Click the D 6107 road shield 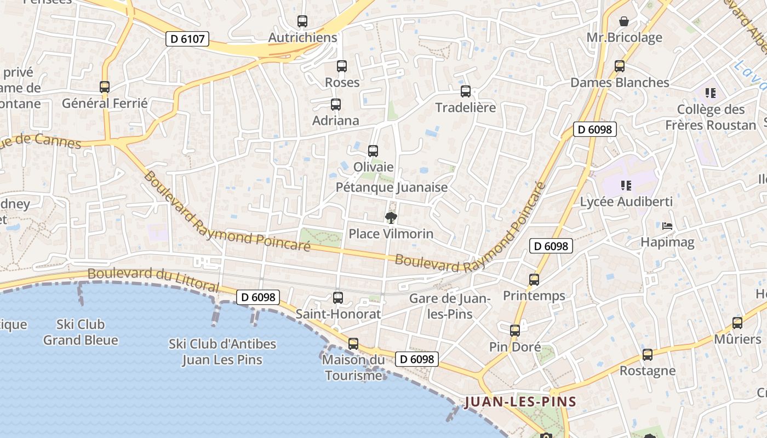click(x=187, y=39)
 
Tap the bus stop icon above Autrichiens click(x=302, y=22)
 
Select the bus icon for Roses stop click(x=342, y=66)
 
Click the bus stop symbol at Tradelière click(x=466, y=91)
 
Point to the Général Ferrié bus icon click(x=105, y=87)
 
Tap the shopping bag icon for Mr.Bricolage click(x=624, y=22)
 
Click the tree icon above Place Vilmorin click(x=391, y=218)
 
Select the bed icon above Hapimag click(x=667, y=226)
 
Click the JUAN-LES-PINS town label click(x=520, y=402)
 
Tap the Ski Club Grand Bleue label click(x=81, y=332)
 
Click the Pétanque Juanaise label click(x=391, y=187)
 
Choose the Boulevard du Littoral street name click(x=153, y=280)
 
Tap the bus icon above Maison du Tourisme click(x=353, y=344)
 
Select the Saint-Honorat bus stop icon click(x=338, y=298)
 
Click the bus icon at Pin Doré click(x=515, y=331)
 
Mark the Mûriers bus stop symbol click(x=737, y=323)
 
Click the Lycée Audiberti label click(x=626, y=202)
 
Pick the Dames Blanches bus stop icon click(x=620, y=66)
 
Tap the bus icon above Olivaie click(x=373, y=151)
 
